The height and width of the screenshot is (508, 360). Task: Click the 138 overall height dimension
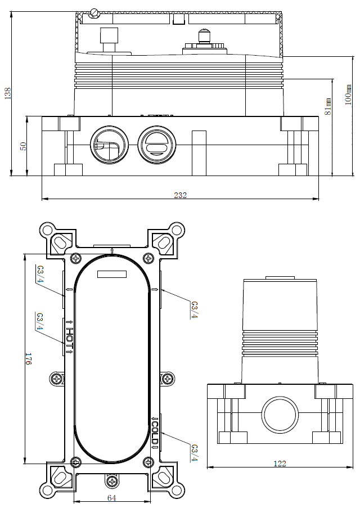click(x=7, y=93)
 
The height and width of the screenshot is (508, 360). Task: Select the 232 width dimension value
click(x=180, y=195)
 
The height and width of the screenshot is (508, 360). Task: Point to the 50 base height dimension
click(x=23, y=146)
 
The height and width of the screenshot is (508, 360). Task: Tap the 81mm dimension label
click(x=329, y=105)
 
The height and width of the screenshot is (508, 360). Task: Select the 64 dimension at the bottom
click(x=112, y=498)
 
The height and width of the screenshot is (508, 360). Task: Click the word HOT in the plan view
click(x=70, y=337)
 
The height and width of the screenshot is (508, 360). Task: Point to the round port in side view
click(x=280, y=415)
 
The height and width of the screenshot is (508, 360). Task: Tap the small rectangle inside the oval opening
click(x=112, y=274)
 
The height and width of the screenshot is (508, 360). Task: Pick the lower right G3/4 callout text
click(x=194, y=453)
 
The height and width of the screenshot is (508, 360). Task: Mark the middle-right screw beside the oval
click(x=167, y=379)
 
